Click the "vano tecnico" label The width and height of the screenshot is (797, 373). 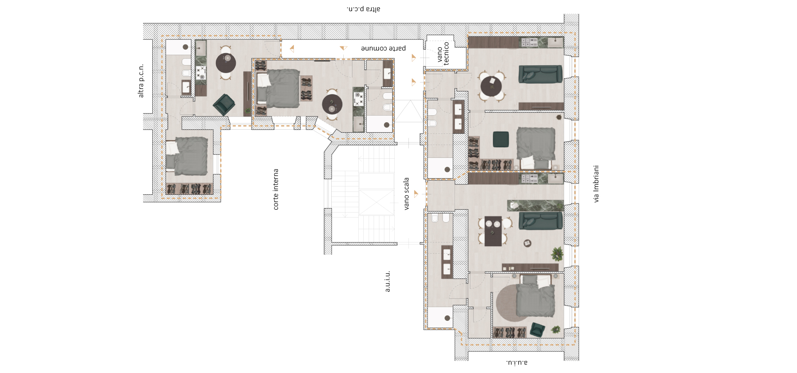(443, 53)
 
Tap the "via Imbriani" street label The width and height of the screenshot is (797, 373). (596, 184)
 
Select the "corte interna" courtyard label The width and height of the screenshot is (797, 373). (276, 189)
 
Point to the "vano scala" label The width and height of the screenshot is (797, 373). (406, 194)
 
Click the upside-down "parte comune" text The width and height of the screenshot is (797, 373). (383, 48)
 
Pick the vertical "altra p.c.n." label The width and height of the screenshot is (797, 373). (141, 81)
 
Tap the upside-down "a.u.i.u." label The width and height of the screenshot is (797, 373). (517, 362)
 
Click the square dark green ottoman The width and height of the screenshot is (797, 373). (501, 139)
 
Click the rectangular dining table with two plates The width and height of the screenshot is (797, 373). (493, 231)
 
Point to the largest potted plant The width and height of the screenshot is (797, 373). (557, 254)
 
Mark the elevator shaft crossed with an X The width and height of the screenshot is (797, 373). (376, 202)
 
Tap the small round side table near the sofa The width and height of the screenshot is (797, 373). (528, 243)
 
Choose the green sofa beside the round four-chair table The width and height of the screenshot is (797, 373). (540, 74)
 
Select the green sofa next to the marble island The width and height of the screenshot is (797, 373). (541, 220)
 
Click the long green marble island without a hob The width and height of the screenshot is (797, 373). (535, 206)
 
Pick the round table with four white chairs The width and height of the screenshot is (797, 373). (491, 87)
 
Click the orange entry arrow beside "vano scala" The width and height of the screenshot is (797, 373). (416, 194)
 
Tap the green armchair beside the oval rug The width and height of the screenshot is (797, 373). (537, 329)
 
